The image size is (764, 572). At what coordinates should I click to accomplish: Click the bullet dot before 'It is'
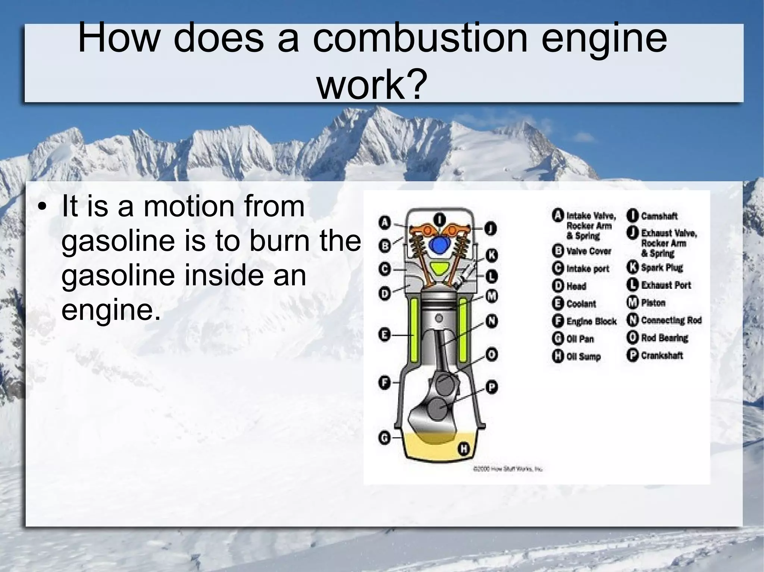click(x=44, y=207)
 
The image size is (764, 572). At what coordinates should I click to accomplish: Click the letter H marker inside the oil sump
click(x=463, y=449)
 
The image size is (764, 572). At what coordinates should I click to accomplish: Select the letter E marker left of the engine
click(x=385, y=335)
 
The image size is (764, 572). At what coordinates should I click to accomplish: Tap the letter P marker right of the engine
click(x=492, y=387)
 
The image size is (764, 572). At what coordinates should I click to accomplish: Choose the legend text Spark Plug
click(x=661, y=268)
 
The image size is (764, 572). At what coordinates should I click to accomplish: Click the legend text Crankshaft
click(x=661, y=355)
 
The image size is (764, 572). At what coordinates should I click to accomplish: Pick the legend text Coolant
click(x=581, y=304)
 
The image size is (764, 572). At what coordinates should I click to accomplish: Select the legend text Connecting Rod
click(x=671, y=320)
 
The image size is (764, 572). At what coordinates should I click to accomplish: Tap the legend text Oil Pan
click(x=580, y=339)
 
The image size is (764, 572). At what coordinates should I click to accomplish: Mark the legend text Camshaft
click(x=659, y=216)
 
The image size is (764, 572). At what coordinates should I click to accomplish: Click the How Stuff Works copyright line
click(x=507, y=470)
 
